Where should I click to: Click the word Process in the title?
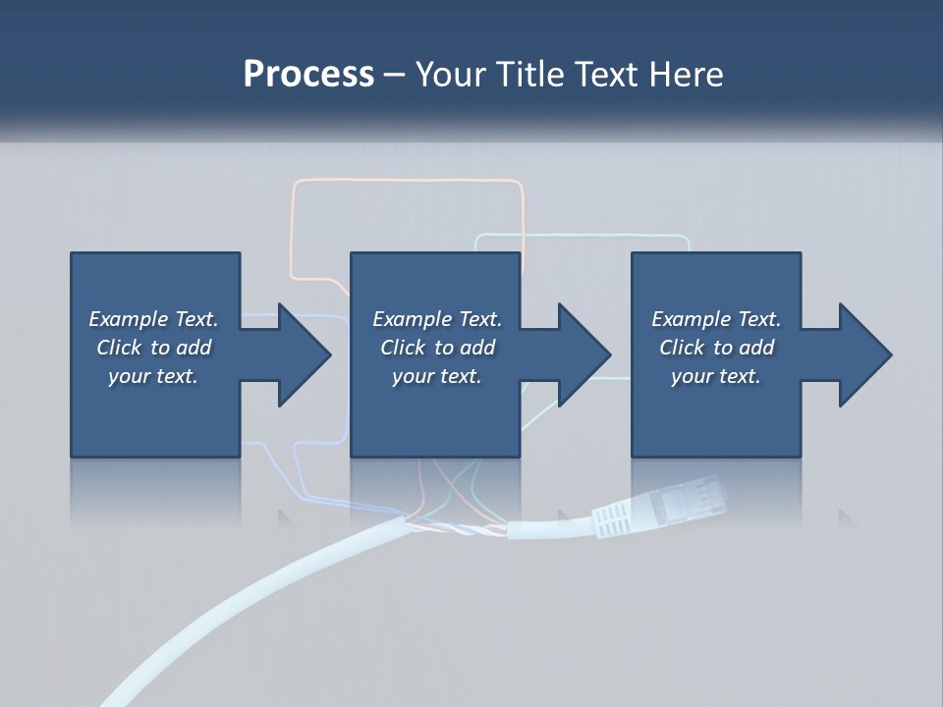click(308, 75)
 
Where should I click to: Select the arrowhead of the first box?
click(303, 354)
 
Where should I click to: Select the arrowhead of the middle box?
click(583, 354)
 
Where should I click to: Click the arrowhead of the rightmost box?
click(864, 354)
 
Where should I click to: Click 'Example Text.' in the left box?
click(153, 319)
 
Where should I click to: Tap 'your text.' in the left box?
click(153, 376)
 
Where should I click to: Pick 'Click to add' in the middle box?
click(437, 348)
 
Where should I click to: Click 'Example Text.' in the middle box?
click(437, 319)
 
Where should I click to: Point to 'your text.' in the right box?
click(716, 376)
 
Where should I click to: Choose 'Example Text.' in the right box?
click(716, 319)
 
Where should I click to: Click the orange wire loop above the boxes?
click(408, 182)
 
